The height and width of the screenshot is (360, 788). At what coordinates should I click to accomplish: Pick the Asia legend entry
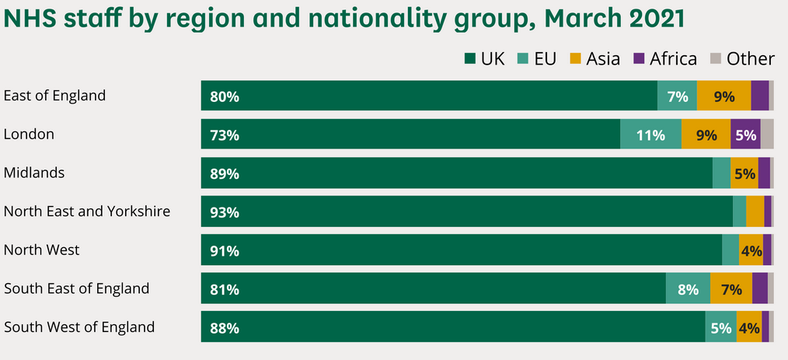[595, 58]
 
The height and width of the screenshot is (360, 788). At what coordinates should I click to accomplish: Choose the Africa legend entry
[665, 58]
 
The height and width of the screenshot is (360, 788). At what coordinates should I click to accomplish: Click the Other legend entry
[742, 58]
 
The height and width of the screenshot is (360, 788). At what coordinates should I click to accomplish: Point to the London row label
[29, 134]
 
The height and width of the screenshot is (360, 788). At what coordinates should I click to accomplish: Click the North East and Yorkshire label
[87, 211]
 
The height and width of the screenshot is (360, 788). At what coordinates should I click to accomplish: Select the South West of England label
[79, 327]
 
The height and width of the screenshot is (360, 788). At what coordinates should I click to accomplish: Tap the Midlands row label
[34, 172]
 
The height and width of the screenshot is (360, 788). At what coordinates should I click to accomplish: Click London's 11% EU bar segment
[650, 135]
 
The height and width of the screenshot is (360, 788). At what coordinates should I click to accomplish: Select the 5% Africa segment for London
[745, 135]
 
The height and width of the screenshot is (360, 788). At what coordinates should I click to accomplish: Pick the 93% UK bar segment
[466, 211]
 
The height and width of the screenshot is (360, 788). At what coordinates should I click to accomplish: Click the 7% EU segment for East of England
[677, 96]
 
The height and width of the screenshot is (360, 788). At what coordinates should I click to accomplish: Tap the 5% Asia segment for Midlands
[744, 173]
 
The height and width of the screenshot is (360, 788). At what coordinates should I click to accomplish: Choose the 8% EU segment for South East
[688, 288]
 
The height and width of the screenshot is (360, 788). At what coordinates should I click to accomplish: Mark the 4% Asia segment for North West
[751, 250]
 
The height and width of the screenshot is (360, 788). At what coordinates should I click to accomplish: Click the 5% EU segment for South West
[720, 327]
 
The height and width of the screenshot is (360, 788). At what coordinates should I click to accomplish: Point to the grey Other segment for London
[767, 135]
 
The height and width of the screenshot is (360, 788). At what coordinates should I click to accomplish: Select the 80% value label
[225, 97]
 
